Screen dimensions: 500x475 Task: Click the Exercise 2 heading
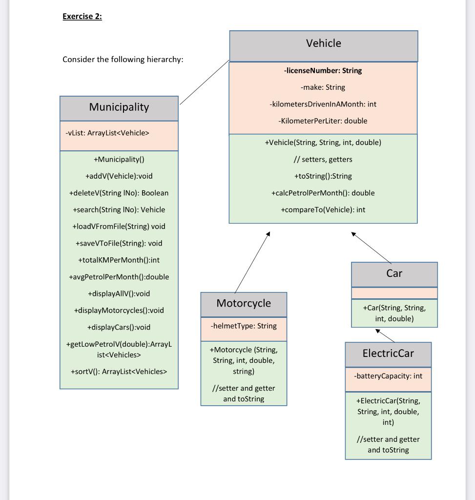point(82,17)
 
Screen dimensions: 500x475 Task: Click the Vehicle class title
point(323,43)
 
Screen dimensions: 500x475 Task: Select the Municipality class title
point(119,107)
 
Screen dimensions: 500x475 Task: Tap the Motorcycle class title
point(243,303)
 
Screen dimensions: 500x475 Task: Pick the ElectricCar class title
point(388,354)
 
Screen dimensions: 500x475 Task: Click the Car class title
point(394,273)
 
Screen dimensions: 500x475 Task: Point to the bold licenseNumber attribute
point(323,71)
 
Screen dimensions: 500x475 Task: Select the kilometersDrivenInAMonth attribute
point(323,104)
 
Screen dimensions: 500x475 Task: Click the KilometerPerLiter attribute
point(323,121)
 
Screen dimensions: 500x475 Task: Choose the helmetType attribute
point(244,326)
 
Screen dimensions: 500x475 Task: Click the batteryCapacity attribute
point(388,376)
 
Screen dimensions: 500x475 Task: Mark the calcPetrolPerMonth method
point(323,193)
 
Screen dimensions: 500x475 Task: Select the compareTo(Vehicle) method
point(323,210)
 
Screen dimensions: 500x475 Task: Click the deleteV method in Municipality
point(119,193)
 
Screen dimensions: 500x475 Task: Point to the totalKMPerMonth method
point(119,260)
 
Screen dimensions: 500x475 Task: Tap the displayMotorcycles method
point(119,311)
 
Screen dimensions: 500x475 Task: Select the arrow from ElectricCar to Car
point(385,335)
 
